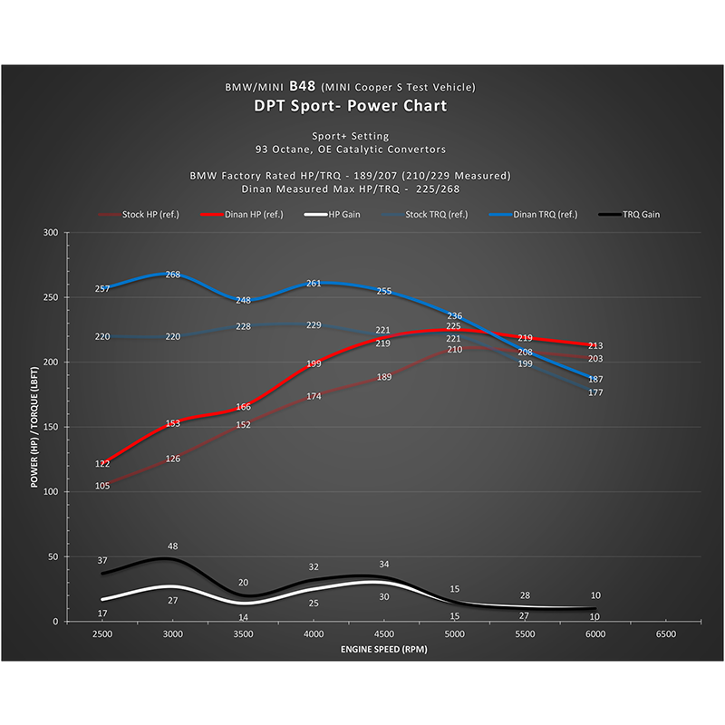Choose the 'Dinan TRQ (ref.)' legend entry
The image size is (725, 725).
[538, 214]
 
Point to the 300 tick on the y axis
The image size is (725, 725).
[51, 233]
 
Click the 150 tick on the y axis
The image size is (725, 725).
[51, 428]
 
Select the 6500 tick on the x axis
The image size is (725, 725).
[664, 635]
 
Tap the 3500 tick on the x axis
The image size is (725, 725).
[243, 635]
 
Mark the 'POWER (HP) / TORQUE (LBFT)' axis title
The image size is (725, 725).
[34, 426]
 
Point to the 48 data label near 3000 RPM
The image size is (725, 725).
[173, 546]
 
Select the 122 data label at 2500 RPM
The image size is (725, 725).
[102, 464]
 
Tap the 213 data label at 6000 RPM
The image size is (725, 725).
[595, 346]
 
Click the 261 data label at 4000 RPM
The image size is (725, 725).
[314, 284]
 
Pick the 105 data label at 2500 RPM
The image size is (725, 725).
[102, 487]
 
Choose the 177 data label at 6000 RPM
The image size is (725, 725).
[595, 393]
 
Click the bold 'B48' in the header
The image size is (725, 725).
[304, 86]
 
